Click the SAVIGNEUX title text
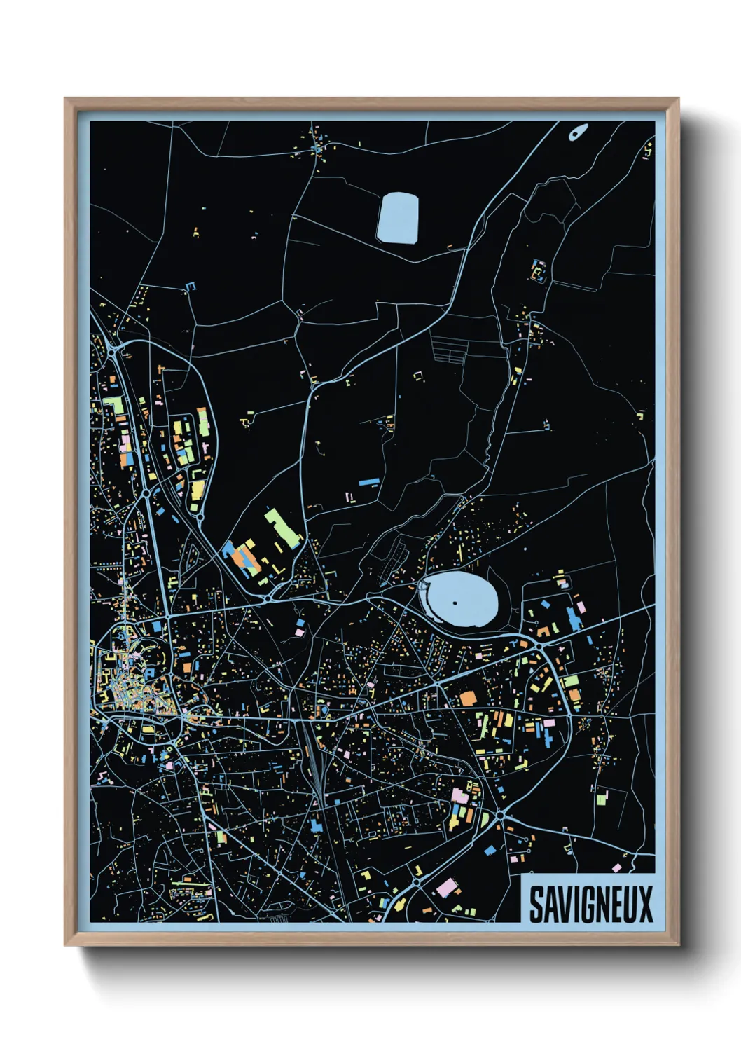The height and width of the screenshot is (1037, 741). click(590, 904)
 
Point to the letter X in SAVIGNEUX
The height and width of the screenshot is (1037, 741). click(645, 904)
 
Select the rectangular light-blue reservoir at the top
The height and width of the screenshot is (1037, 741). click(398, 219)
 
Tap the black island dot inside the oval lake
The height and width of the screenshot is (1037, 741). click(455, 603)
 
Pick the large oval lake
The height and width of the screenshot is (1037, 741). click(462, 600)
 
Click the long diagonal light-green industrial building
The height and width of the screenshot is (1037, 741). click(282, 529)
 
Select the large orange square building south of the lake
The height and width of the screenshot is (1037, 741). click(467, 699)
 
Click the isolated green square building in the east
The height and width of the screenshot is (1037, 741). click(602, 797)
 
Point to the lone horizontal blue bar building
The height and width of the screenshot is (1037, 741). click(368, 482)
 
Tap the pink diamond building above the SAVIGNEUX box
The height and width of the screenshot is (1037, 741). click(616, 868)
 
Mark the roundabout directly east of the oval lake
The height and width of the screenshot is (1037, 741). click(542, 633)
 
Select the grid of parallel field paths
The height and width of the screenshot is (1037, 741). click(448, 348)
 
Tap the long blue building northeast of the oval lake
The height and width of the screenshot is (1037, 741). click(574, 619)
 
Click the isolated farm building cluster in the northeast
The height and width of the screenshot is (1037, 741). click(538, 270)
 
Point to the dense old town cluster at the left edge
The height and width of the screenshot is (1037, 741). click(126, 676)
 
